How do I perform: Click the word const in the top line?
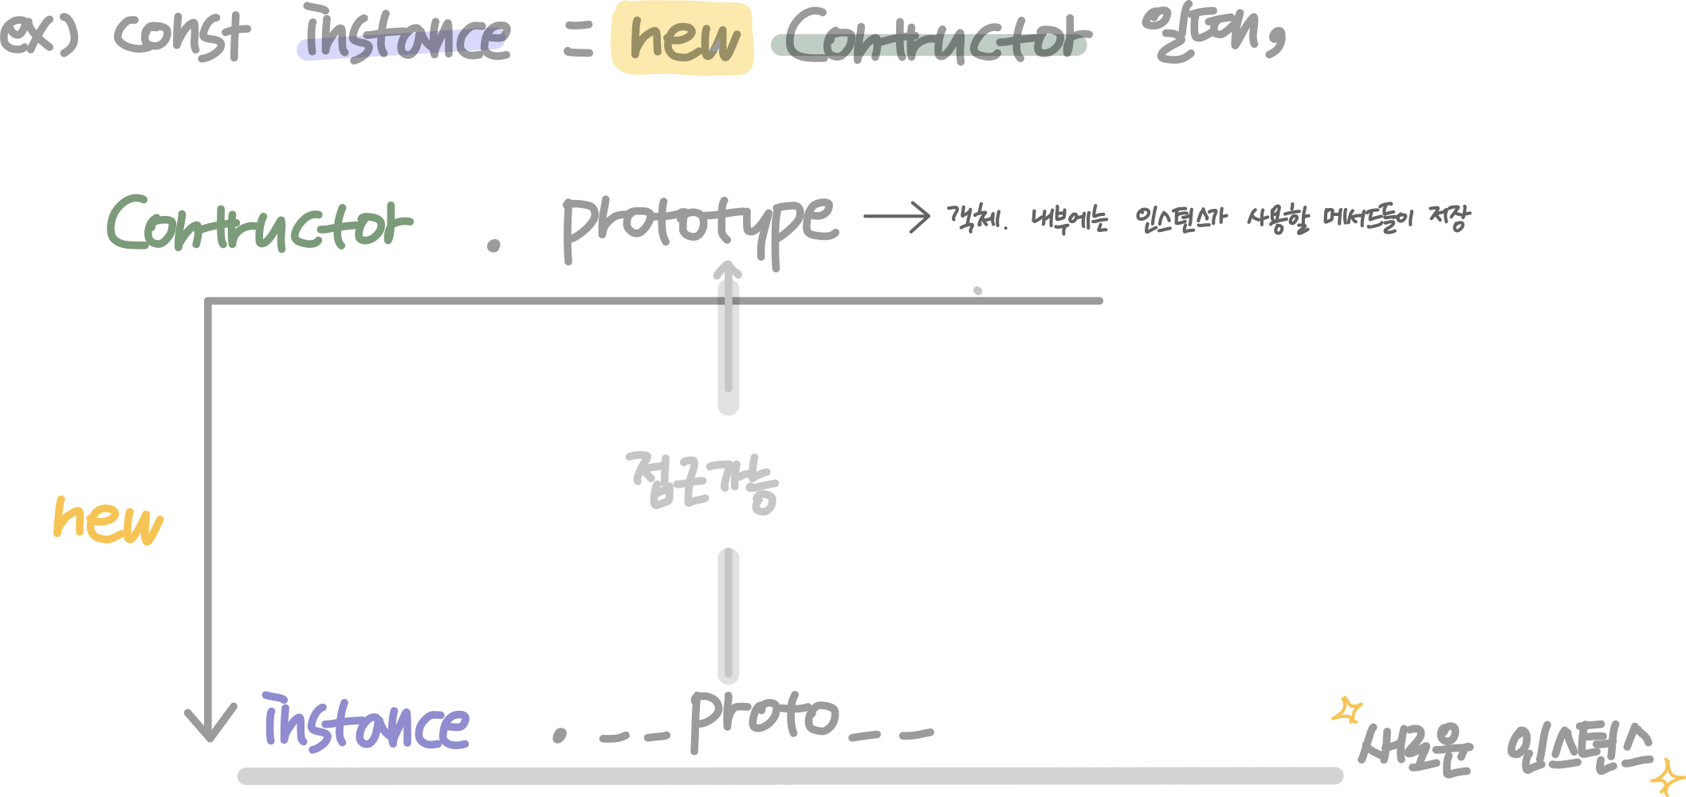click(182, 36)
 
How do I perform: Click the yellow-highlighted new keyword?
click(682, 38)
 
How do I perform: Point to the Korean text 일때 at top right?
click(1212, 33)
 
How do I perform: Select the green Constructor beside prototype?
click(259, 223)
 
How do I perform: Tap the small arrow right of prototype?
click(897, 216)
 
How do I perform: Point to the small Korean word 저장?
click(1448, 218)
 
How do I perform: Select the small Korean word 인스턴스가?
click(1181, 219)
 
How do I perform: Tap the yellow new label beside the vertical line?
click(108, 520)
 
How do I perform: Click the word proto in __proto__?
click(764, 717)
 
